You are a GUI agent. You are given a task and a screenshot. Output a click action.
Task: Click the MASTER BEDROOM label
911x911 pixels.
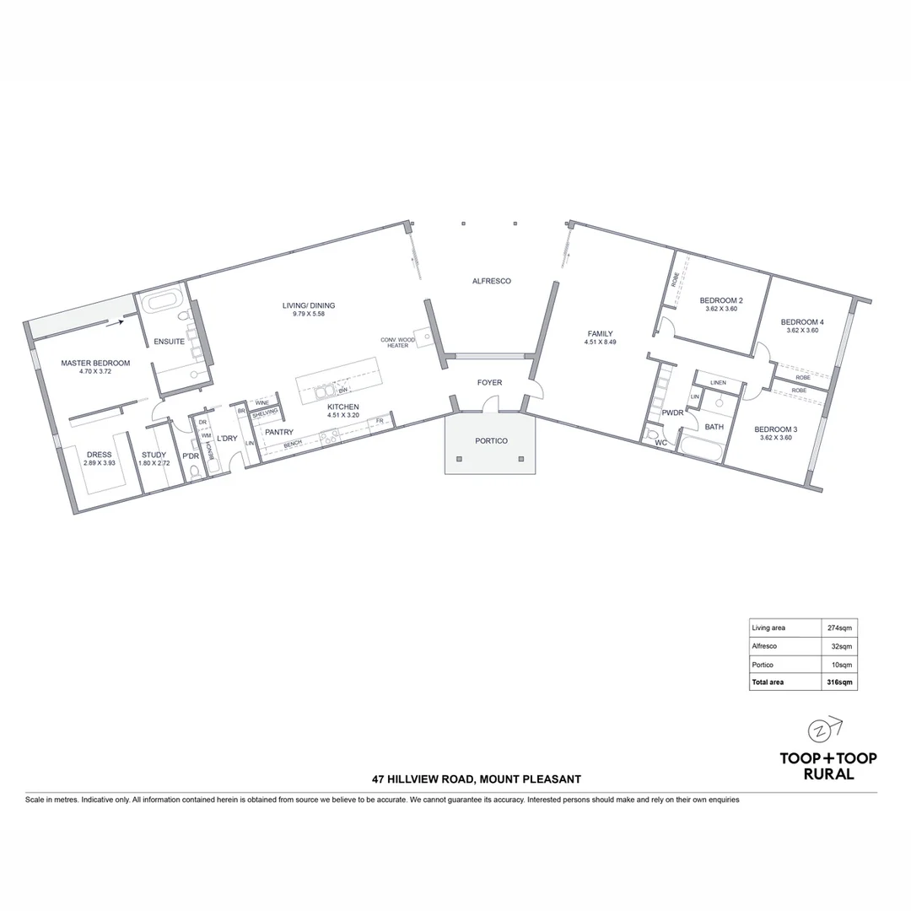tap(95, 363)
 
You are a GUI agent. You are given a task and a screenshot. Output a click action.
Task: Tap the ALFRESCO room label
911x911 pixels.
tap(491, 281)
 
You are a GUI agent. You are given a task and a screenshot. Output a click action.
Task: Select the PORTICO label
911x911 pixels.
tap(491, 440)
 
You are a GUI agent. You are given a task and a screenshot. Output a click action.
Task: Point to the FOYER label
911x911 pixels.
tap(489, 382)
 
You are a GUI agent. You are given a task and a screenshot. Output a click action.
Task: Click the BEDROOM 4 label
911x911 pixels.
tap(801, 321)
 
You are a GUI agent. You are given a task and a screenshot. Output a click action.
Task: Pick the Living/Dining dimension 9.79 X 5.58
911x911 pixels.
tap(303, 314)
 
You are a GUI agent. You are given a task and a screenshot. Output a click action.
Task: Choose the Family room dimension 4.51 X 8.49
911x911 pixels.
tap(600, 342)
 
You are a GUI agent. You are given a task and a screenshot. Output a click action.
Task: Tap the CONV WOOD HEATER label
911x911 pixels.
tap(397, 342)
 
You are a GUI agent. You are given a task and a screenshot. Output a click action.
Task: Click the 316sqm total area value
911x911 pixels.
tap(839, 682)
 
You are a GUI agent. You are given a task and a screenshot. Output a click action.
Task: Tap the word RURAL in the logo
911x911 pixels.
tap(827, 774)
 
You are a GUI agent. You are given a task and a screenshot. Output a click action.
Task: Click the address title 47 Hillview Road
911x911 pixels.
tap(477, 779)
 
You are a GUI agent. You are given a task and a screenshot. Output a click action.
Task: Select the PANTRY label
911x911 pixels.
tap(278, 432)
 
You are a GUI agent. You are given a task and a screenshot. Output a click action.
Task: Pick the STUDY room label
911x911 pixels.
tap(154, 455)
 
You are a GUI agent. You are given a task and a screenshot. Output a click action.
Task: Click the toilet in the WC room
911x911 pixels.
tap(652, 437)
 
